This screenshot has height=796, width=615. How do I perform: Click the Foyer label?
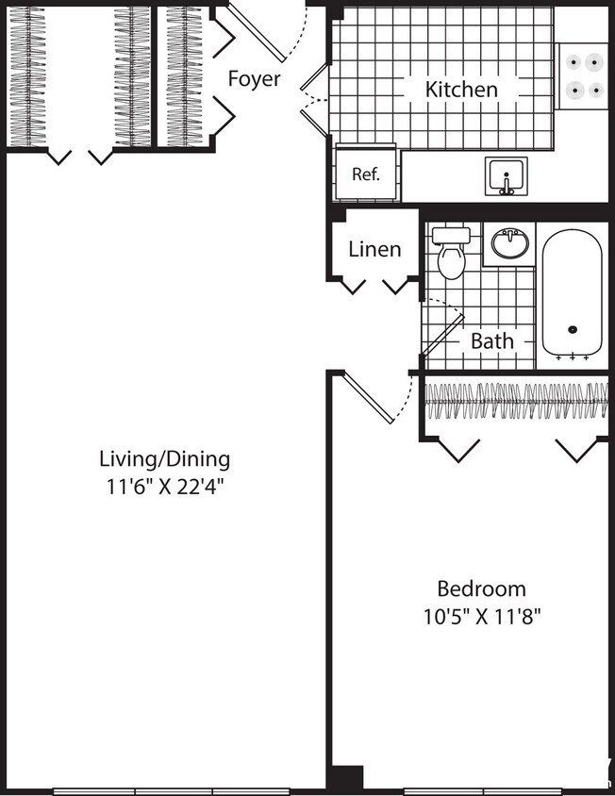tap(254, 78)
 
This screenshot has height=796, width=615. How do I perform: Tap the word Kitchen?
tap(461, 90)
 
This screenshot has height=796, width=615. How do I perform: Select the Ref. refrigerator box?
tap(365, 174)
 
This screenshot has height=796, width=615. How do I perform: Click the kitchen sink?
tap(507, 176)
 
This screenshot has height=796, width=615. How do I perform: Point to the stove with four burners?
tap(582, 76)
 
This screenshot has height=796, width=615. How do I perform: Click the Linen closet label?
tap(374, 249)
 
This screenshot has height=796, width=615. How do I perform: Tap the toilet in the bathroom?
tap(452, 253)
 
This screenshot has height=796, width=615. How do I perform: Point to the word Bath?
tap(491, 340)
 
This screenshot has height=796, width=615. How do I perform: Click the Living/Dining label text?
tap(164, 459)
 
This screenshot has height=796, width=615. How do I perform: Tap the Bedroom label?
tap(481, 589)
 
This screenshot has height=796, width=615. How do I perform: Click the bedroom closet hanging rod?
tap(514, 401)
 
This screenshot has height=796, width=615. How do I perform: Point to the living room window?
tap(170, 790)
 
